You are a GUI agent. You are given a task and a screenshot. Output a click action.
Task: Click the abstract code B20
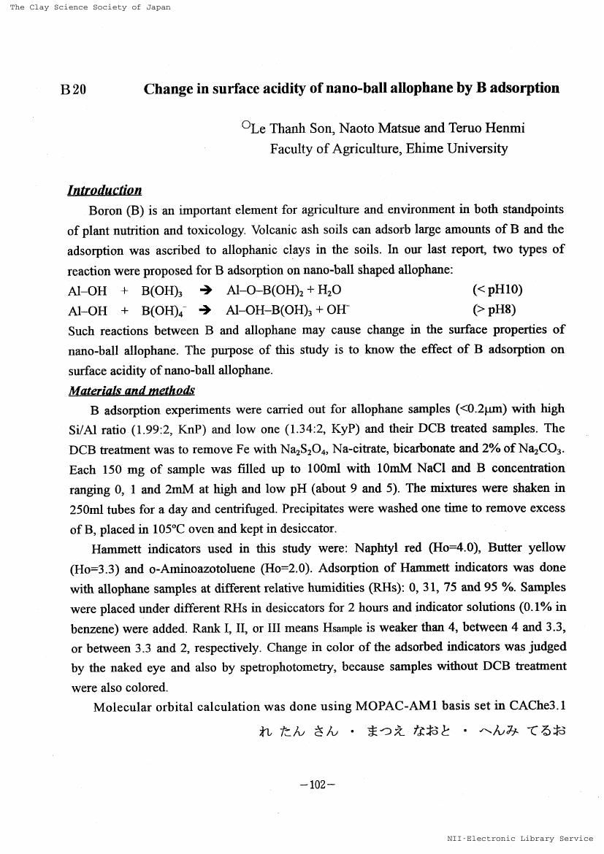73,90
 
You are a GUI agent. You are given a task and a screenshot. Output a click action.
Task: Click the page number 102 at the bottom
317,785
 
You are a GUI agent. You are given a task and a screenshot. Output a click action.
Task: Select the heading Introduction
104,191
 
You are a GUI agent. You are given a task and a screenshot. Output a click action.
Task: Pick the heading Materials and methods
131,391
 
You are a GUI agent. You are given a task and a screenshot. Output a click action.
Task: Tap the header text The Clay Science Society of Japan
90,7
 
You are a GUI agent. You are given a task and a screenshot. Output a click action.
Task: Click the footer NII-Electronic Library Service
520,839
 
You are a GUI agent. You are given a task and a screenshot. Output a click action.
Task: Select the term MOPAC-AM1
394,707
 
